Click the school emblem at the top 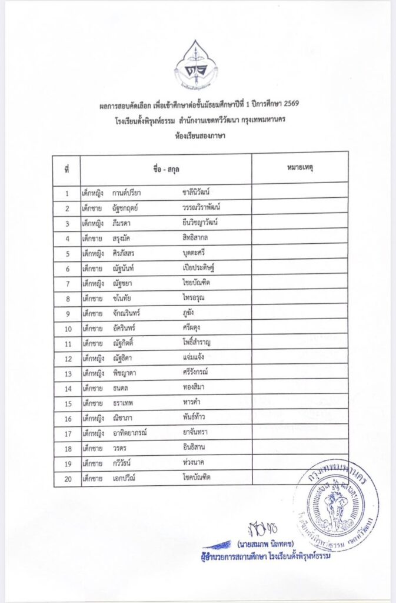tap(195, 65)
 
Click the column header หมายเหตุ tap(300, 169)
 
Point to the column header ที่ tap(66, 170)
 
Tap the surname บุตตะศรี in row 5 tap(195, 253)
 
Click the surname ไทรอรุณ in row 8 tap(194, 298)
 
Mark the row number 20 tap(68, 479)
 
